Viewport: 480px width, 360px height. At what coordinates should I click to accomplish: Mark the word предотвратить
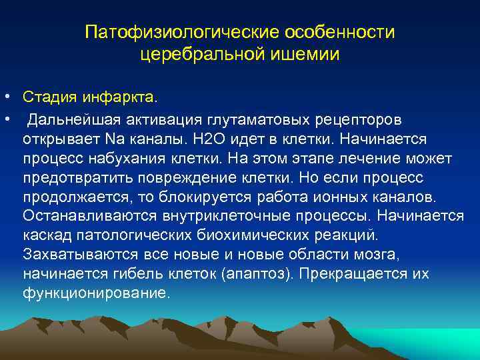coord(77,177)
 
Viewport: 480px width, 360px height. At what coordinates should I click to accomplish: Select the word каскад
coord(44,235)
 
